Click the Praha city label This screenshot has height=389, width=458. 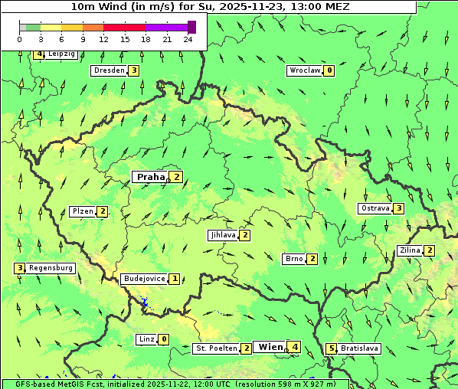[x=150, y=177]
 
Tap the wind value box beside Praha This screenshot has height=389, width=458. [x=177, y=177]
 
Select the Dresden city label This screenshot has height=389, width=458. [x=108, y=70]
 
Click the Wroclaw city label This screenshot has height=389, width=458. [x=304, y=70]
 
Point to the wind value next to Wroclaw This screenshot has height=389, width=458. [x=329, y=70]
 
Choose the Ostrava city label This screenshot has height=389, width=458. [x=375, y=208]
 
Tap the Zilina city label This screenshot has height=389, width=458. [x=410, y=250]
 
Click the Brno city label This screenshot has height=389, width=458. [x=294, y=259]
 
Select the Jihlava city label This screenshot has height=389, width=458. [x=223, y=235]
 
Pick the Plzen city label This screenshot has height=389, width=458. [x=82, y=211]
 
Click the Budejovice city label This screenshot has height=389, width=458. [x=143, y=279]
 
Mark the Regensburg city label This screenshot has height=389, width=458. [x=51, y=268]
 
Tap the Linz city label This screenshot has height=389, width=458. [x=146, y=339]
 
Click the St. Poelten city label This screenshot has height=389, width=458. [x=215, y=348]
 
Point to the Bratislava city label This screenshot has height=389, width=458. [x=360, y=348]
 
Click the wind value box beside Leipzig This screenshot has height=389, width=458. [x=39, y=54]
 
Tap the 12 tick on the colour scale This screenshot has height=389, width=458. [x=103, y=38]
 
